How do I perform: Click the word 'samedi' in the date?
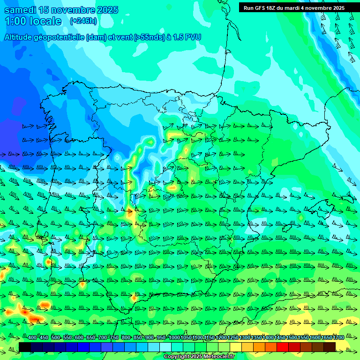18,10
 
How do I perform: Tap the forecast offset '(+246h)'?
83,21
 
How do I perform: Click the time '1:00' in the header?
15,21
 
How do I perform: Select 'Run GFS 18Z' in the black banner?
261,8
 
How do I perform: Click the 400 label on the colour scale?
32,338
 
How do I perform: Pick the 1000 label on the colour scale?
174,338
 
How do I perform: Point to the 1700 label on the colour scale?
338,338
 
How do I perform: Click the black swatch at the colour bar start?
25,347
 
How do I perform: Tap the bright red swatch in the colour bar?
283,347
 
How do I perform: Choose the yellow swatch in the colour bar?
236,347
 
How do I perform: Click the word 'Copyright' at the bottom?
177,357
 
